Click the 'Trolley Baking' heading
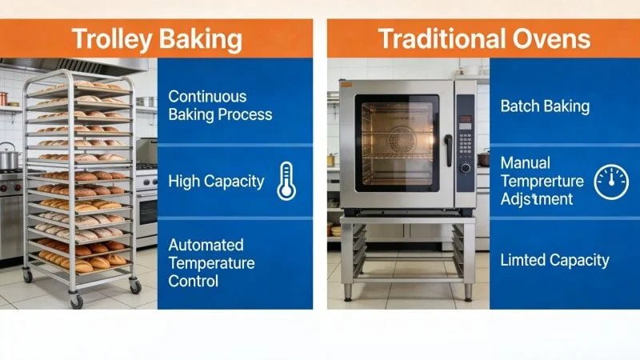pyautogui.click(x=157, y=38)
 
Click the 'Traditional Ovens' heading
pyautogui.click(x=484, y=38)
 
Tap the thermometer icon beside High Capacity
pyautogui.click(x=286, y=181)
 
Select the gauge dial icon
pyautogui.click(x=610, y=182)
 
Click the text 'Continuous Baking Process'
pyautogui.click(x=220, y=105)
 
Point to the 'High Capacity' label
pyautogui.click(x=216, y=181)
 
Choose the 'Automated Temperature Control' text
pyautogui.click(x=211, y=262)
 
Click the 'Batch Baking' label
pyautogui.click(x=545, y=106)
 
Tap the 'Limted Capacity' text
pyautogui.click(x=554, y=260)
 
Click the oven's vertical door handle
pyautogui.click(x=448, y=150)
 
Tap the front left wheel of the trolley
pyautogui.click(x=77, y=302)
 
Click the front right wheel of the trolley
pyautogui.click(x=134, y=286)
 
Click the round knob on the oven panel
pyautogui.click(x=465, y=168)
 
